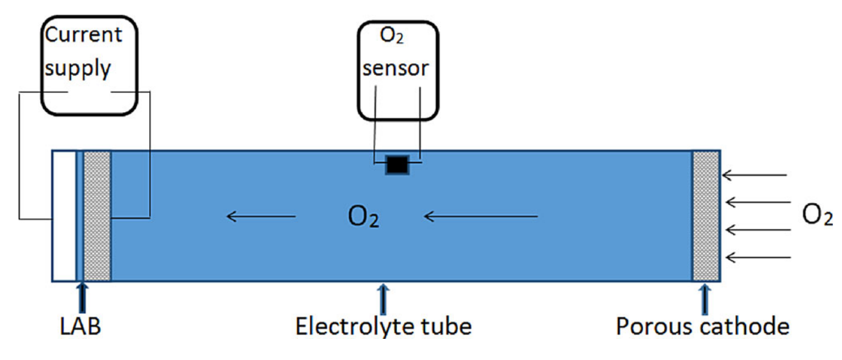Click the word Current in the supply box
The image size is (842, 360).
pyautogui.click(x=83, y=35)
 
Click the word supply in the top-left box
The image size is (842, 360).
pyautogui.click(x=77, y=69)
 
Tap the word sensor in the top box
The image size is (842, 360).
pyautogui.click(x=395, y=68)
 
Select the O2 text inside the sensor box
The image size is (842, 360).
pyautogui.click(x=392, y=37)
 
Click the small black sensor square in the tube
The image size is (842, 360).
pyautogui.click(x=397, y=165)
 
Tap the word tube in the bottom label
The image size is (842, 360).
pyautogui.click(x=446, y=327)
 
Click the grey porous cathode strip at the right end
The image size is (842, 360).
pyautogui.click(x=706, y=216)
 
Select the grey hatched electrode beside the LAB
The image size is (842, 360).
pyautogui.click(x=97, y=216)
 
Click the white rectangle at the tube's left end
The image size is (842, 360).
pyautogui.click(x=63, y=216)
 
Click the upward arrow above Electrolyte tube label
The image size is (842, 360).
pyautogui.click(x=383, y=298)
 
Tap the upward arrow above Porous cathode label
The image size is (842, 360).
pyautogui.click(x=705, y=298)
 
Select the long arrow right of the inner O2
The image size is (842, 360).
pyautogui.click(x=481, y=217)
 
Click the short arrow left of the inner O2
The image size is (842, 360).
pyautogui.click(x=261, y=217)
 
